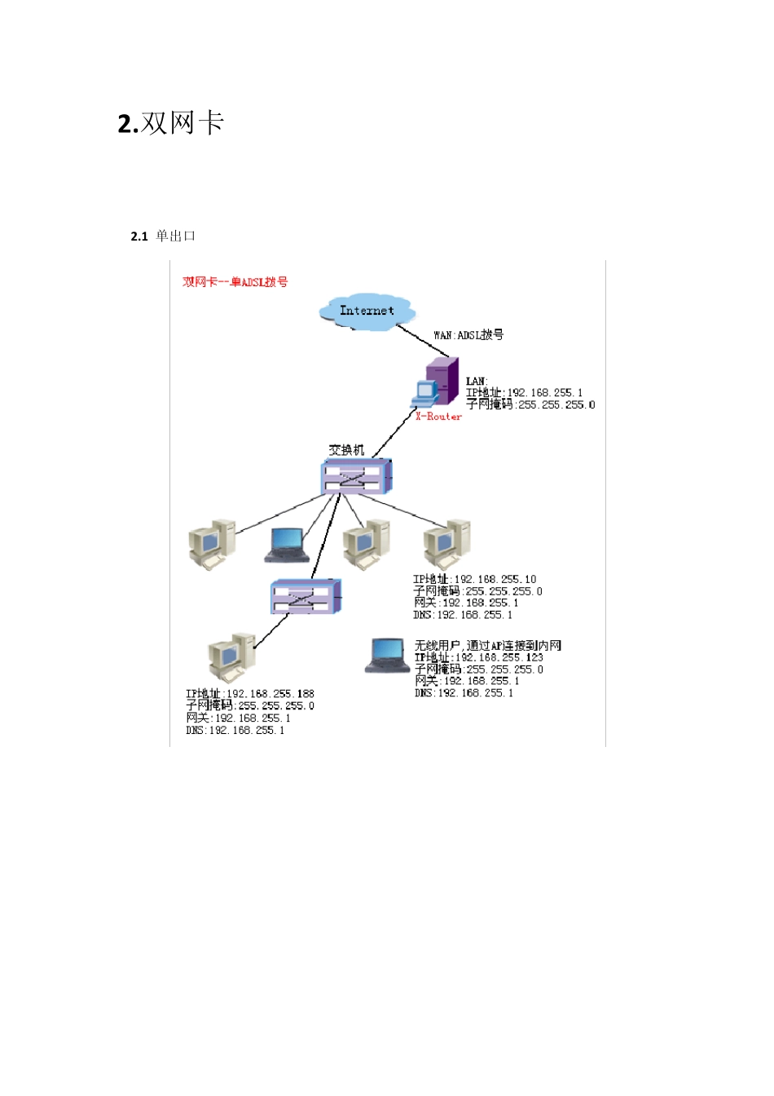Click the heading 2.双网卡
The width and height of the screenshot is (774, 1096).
[171, 123]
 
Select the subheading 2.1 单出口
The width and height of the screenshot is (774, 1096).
[163, 236]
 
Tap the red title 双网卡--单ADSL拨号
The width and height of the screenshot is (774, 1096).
[235, 282]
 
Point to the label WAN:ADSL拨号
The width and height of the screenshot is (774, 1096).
[468, 335]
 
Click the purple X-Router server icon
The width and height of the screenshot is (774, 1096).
[441, 381]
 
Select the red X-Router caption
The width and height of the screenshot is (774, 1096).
[438, 417]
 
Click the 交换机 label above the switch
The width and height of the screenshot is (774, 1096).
[346, 449]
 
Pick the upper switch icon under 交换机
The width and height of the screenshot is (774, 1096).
[357, 476]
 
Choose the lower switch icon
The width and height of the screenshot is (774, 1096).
[306, 597]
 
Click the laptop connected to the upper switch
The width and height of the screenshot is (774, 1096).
[287, 545]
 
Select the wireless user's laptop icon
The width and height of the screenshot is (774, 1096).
[388, 655]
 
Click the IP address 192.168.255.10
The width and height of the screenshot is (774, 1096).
[495, 580]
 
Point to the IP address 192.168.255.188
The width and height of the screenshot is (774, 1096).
[270, 694]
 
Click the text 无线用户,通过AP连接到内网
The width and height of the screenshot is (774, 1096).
[487, 646]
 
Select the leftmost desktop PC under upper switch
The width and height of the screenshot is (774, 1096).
[211, 543]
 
